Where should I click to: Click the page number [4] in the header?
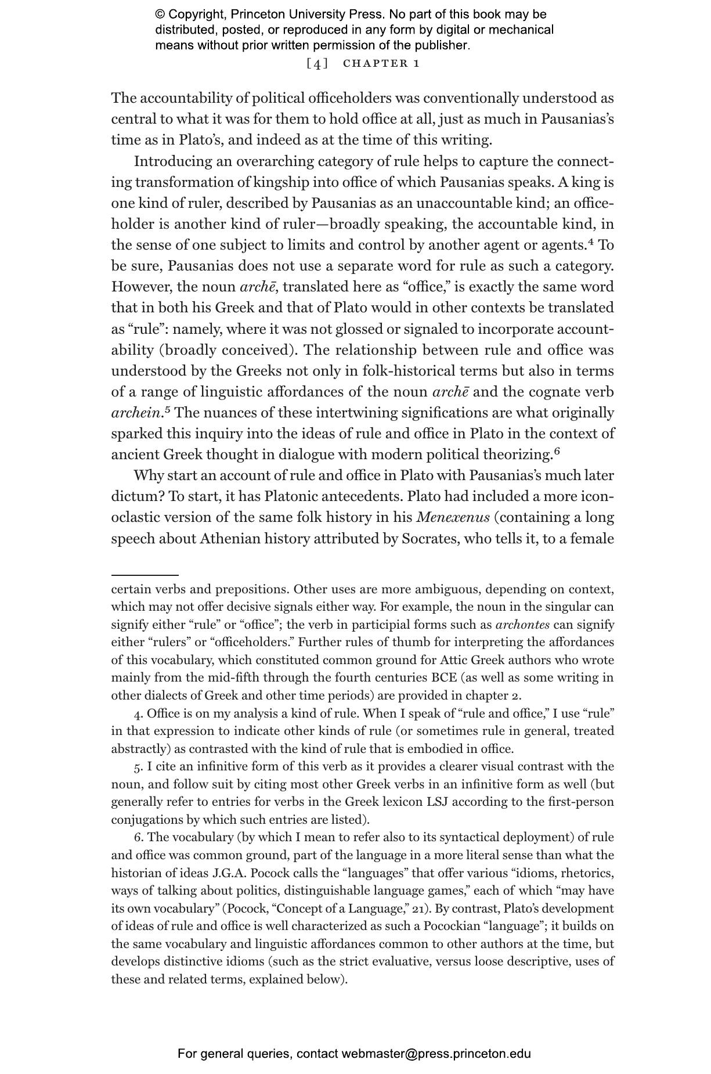point(317,63)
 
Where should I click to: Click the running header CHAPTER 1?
point(381,63)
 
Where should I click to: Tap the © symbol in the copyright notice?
point(160,15)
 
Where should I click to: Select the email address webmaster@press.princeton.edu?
point(436,1054)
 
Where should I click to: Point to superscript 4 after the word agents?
point(591,242)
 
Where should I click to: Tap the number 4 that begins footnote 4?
point(138,713)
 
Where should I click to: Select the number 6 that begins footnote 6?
point(138,837)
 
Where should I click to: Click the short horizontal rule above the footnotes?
point(145,574)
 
